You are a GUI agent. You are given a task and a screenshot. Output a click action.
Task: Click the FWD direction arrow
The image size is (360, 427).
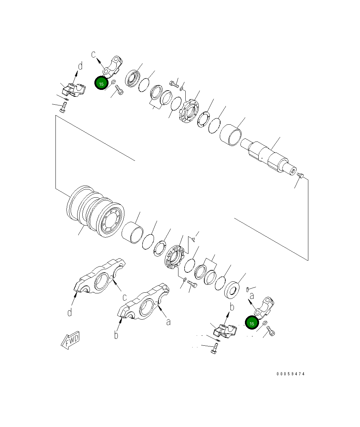70,340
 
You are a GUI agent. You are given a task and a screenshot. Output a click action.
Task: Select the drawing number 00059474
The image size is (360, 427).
290,374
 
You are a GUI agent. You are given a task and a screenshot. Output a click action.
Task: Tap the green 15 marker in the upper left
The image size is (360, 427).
101,83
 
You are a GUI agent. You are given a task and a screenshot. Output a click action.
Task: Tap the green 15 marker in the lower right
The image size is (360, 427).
252,323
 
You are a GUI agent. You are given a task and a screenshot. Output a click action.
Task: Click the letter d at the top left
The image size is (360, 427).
80,65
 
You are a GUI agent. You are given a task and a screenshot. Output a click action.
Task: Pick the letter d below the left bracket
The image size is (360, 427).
70,312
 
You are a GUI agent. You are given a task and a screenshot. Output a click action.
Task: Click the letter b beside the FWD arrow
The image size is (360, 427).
116,334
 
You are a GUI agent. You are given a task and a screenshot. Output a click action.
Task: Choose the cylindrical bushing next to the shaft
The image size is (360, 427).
231,135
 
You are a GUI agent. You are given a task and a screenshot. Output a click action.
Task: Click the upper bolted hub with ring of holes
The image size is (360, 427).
189,110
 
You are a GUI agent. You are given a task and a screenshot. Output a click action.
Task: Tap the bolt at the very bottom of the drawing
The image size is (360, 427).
214,351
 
